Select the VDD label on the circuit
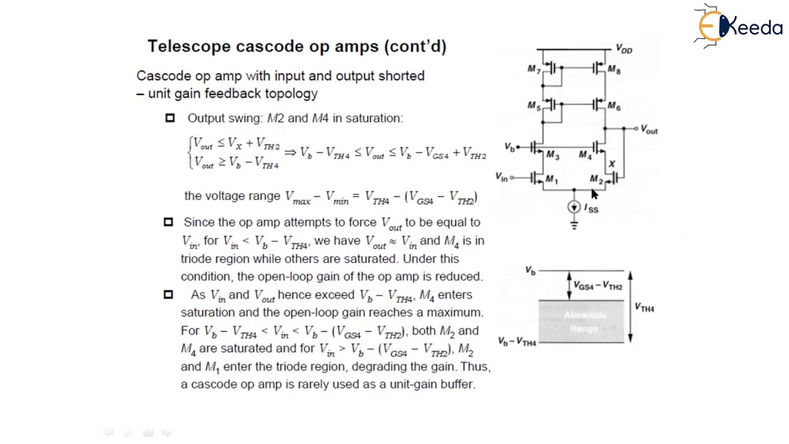tap(624, 49)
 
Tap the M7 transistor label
tap(534, 69)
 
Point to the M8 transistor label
tap(614, 70)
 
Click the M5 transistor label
tap(534, 106)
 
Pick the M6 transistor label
tap(614, 106)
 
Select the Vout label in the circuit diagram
tap(649, 129)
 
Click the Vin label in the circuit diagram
tap(502, 178)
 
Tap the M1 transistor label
tap(552, 180)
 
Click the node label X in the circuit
tap(611, 164)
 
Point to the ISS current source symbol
tap(574, 207)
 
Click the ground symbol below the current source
tap(574, 225)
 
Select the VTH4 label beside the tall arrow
tap(644, 308)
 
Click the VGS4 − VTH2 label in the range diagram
tap(598, 286)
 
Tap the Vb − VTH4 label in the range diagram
tap(517, 341)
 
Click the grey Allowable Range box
tap(582, 321)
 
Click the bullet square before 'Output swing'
tap(170, 118)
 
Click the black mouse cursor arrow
tap(594, 194)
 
